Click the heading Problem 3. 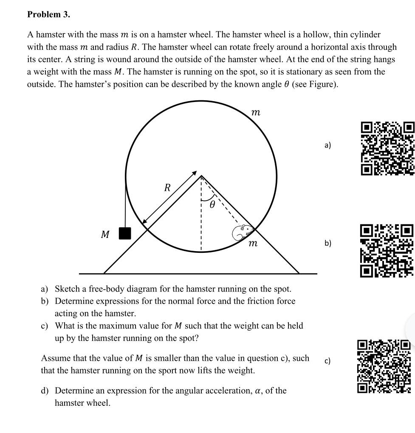[48, 14]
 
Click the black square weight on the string [125, 233]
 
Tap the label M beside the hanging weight [105, 234]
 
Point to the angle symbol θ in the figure [212, 205]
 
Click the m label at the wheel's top [255, 112]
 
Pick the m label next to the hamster [253, 243]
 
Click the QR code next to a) [387, 148]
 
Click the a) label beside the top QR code [327, 145]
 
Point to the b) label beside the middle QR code [327, 243]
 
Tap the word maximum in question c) [120, 326]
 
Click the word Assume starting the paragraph [55, 358]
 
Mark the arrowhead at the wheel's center [195, 173]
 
